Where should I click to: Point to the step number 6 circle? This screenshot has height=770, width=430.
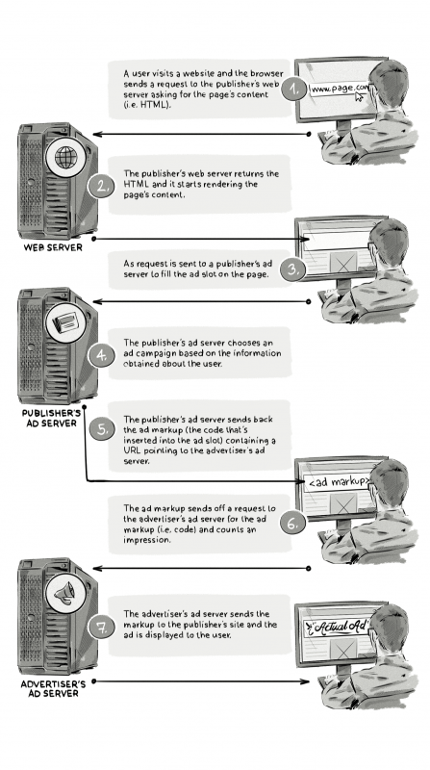tap(294, 525)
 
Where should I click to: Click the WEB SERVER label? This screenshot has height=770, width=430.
tap(54, 247)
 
